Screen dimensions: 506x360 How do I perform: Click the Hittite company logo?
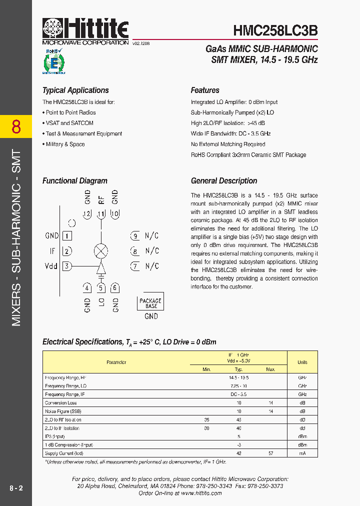(x=85, y=31)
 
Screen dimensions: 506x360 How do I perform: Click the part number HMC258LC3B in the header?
(x=275, y=30)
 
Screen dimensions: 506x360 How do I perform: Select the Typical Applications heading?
(x=75, y=90)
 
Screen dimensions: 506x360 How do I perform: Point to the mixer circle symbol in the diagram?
(x=101, y=251)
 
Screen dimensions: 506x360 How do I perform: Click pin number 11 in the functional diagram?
(x=101, y=214)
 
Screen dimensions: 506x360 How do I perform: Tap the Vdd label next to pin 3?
(x=51, y=266)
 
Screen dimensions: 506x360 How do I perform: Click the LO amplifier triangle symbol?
(x=101, y=266)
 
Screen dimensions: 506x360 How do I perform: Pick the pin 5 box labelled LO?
(x=101, y=287)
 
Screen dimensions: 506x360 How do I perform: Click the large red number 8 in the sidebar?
(x=16, y=127)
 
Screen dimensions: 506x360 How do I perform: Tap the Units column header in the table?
(x=302, y=362)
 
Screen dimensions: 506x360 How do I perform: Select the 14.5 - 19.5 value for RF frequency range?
(x=238, y=377)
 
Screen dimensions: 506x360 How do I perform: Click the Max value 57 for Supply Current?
(x=270, y=453)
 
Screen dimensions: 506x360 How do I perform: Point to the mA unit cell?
(x=302, y=453)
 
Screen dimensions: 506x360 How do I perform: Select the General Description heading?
(x=224, y=181)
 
